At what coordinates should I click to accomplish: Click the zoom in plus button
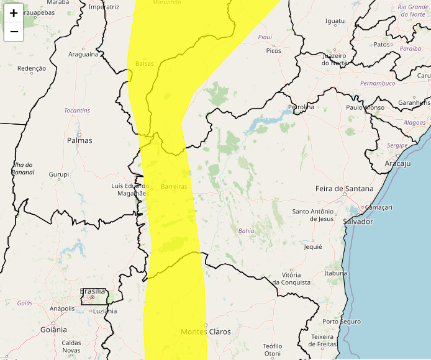point(14,13)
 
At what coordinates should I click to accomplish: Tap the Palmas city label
point(79,140)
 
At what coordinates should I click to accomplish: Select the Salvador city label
point(358,222)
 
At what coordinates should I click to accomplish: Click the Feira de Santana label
point(345,189)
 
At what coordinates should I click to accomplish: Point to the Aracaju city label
point(398,163)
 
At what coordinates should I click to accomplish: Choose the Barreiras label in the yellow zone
point(174,186)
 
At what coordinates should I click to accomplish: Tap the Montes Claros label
point(206,331)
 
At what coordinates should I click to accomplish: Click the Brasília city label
point(93,290)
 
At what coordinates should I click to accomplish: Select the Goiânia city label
point(54,330)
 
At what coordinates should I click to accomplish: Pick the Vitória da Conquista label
point(291,278)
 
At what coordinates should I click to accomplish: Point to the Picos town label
point(273,51)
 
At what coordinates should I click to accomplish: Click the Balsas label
point(144,64)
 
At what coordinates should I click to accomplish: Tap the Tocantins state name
point(77,110)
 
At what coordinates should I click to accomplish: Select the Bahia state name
point(246,231)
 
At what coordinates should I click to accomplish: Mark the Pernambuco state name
point(378,83)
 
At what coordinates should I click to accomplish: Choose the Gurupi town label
point(59,174)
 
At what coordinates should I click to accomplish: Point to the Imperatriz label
point(104,7)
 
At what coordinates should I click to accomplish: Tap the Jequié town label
point(312,246)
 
